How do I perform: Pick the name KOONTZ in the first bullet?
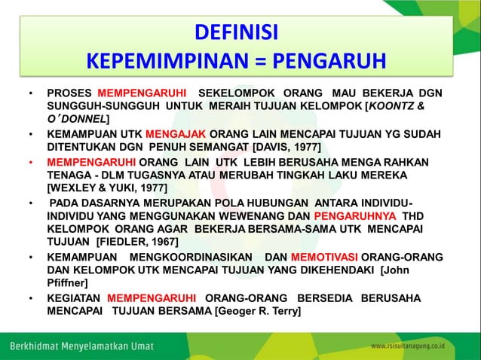[x=397, y=106]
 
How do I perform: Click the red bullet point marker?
[x=31, y=162]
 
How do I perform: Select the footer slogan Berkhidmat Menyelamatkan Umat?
[x=81, y=346]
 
